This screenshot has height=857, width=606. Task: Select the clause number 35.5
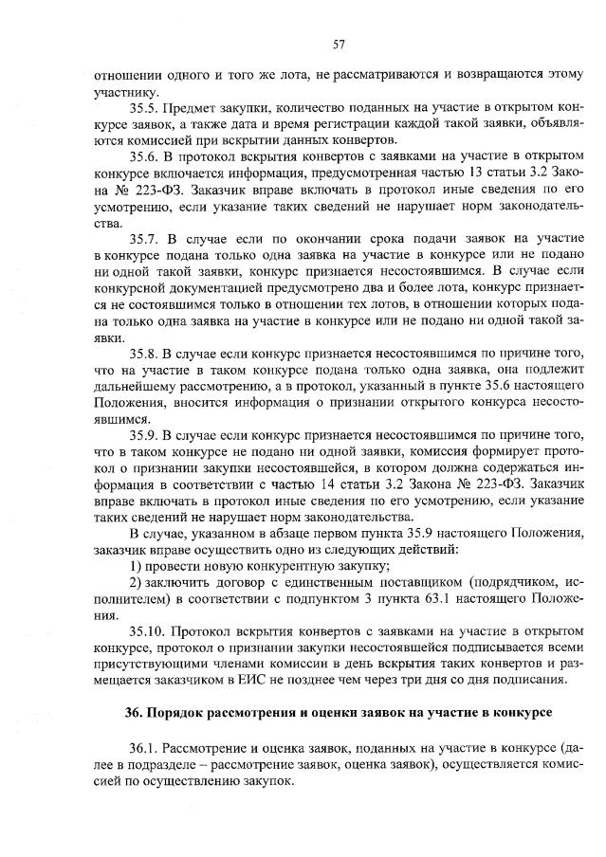[x=144, y=108]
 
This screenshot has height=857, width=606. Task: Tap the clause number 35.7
[x=144, y=235]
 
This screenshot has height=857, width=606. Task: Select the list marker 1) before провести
[x=136, y=566]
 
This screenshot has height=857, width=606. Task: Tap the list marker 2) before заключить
[x=136, y=582]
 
